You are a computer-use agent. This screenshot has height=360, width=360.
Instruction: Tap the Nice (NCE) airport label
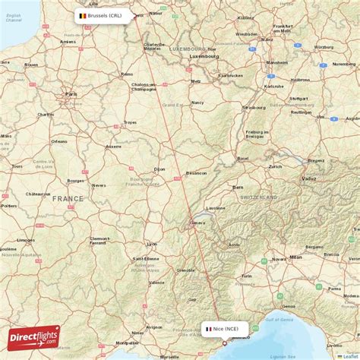tap(225, 329)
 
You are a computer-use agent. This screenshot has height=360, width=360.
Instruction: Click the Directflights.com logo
tap(33, 337)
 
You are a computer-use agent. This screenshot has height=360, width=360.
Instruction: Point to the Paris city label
tap(72, 93)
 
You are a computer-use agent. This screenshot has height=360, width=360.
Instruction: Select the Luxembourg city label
tap(204, 56)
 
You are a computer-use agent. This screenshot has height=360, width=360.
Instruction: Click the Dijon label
tap(159, 169)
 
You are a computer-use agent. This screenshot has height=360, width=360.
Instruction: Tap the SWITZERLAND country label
tap(259, 197)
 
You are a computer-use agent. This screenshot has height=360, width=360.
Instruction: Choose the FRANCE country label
tap(68, 198)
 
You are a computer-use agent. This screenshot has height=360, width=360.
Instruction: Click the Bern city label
tap(238, 187)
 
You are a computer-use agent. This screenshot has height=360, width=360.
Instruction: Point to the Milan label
tap(295, 257)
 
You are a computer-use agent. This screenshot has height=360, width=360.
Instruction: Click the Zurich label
tap(275, 166)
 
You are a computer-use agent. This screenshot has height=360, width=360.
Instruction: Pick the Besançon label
tap(197, 173)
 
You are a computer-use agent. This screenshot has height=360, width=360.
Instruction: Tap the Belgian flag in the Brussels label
tap(82, 15)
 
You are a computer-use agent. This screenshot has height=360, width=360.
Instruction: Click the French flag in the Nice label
tap(208, 329)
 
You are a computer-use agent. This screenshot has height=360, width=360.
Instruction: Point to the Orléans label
tap(59, 141)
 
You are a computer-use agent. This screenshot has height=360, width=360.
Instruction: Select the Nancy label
tap(197, 102)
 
